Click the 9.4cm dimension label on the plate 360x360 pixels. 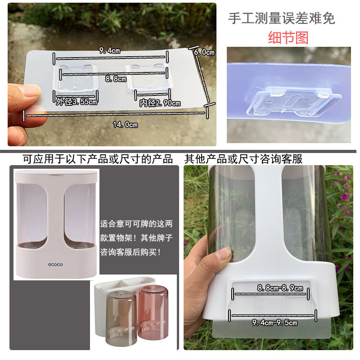coord(109,50)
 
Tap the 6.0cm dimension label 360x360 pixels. coord(204,52)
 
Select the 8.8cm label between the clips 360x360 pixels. coord(116,79)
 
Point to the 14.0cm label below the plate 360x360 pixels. coord(126,125)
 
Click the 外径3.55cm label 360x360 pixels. coord(76,102)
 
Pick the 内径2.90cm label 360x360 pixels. coord(160,103)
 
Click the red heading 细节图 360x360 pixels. coord(288,38)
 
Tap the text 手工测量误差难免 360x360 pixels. coord(282,18)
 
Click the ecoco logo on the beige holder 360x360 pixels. coord(55,265)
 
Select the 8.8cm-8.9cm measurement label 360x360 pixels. coord(280,288)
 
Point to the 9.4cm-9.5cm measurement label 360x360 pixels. coord(275,323)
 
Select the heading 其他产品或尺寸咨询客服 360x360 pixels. coord(243,159)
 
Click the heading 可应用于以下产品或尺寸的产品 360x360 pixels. coord(98,159)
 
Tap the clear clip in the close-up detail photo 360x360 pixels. coord(293,101)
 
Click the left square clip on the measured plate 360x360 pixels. coord(76,77)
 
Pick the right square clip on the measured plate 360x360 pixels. coord(147,77)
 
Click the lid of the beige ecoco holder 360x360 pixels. coord(56,176)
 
